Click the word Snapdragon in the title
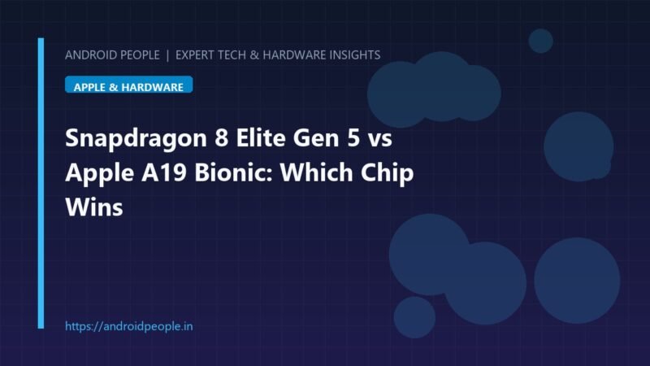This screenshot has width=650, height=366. (x=136, y=139)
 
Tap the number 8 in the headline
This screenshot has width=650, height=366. (x=221, y=137)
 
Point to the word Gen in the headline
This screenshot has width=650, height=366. (x=319, y=137)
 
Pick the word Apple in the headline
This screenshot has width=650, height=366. (x=99, y=174)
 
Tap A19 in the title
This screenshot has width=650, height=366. (x=164, y=172)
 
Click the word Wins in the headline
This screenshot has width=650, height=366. (x=94, y=207)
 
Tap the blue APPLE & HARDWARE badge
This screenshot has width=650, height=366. (x=128, y=85)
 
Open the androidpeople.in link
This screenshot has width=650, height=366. (x=129, y=326)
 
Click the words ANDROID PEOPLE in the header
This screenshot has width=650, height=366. (x=112, y=54)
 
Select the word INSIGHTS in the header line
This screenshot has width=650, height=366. (x=355, y=54)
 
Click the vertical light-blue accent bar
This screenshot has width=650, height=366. (x=41, y=183)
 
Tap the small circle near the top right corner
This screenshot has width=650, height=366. (x=540, y=41)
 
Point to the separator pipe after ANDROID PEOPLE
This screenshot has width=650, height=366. (x=167, y=55)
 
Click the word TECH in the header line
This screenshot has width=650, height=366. (x=232, y=54)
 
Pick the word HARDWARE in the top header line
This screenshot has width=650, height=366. (x=294, y=54)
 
